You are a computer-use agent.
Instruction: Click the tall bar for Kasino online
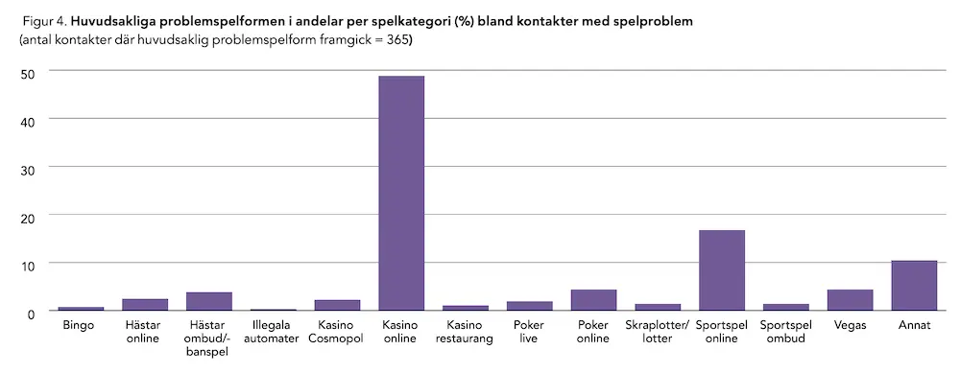(401, 193)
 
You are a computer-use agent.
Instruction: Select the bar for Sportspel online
(722, 270)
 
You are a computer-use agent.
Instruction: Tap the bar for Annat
(914, 286)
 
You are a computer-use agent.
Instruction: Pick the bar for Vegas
(850, 300)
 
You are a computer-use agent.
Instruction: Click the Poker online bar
(593, 300)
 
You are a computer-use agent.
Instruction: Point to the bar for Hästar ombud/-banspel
(209, 301)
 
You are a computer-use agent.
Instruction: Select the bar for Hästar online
(145, 305)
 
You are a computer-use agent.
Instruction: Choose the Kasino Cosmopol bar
(337, 305)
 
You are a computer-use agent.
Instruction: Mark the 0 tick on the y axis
(31, 313)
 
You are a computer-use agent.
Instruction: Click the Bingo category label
(81, 326)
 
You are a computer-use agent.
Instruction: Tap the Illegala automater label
(273, 332)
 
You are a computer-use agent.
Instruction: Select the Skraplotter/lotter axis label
(658, 332)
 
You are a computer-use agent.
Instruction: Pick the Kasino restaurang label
(466, 332)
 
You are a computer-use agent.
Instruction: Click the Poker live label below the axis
(529, 332)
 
